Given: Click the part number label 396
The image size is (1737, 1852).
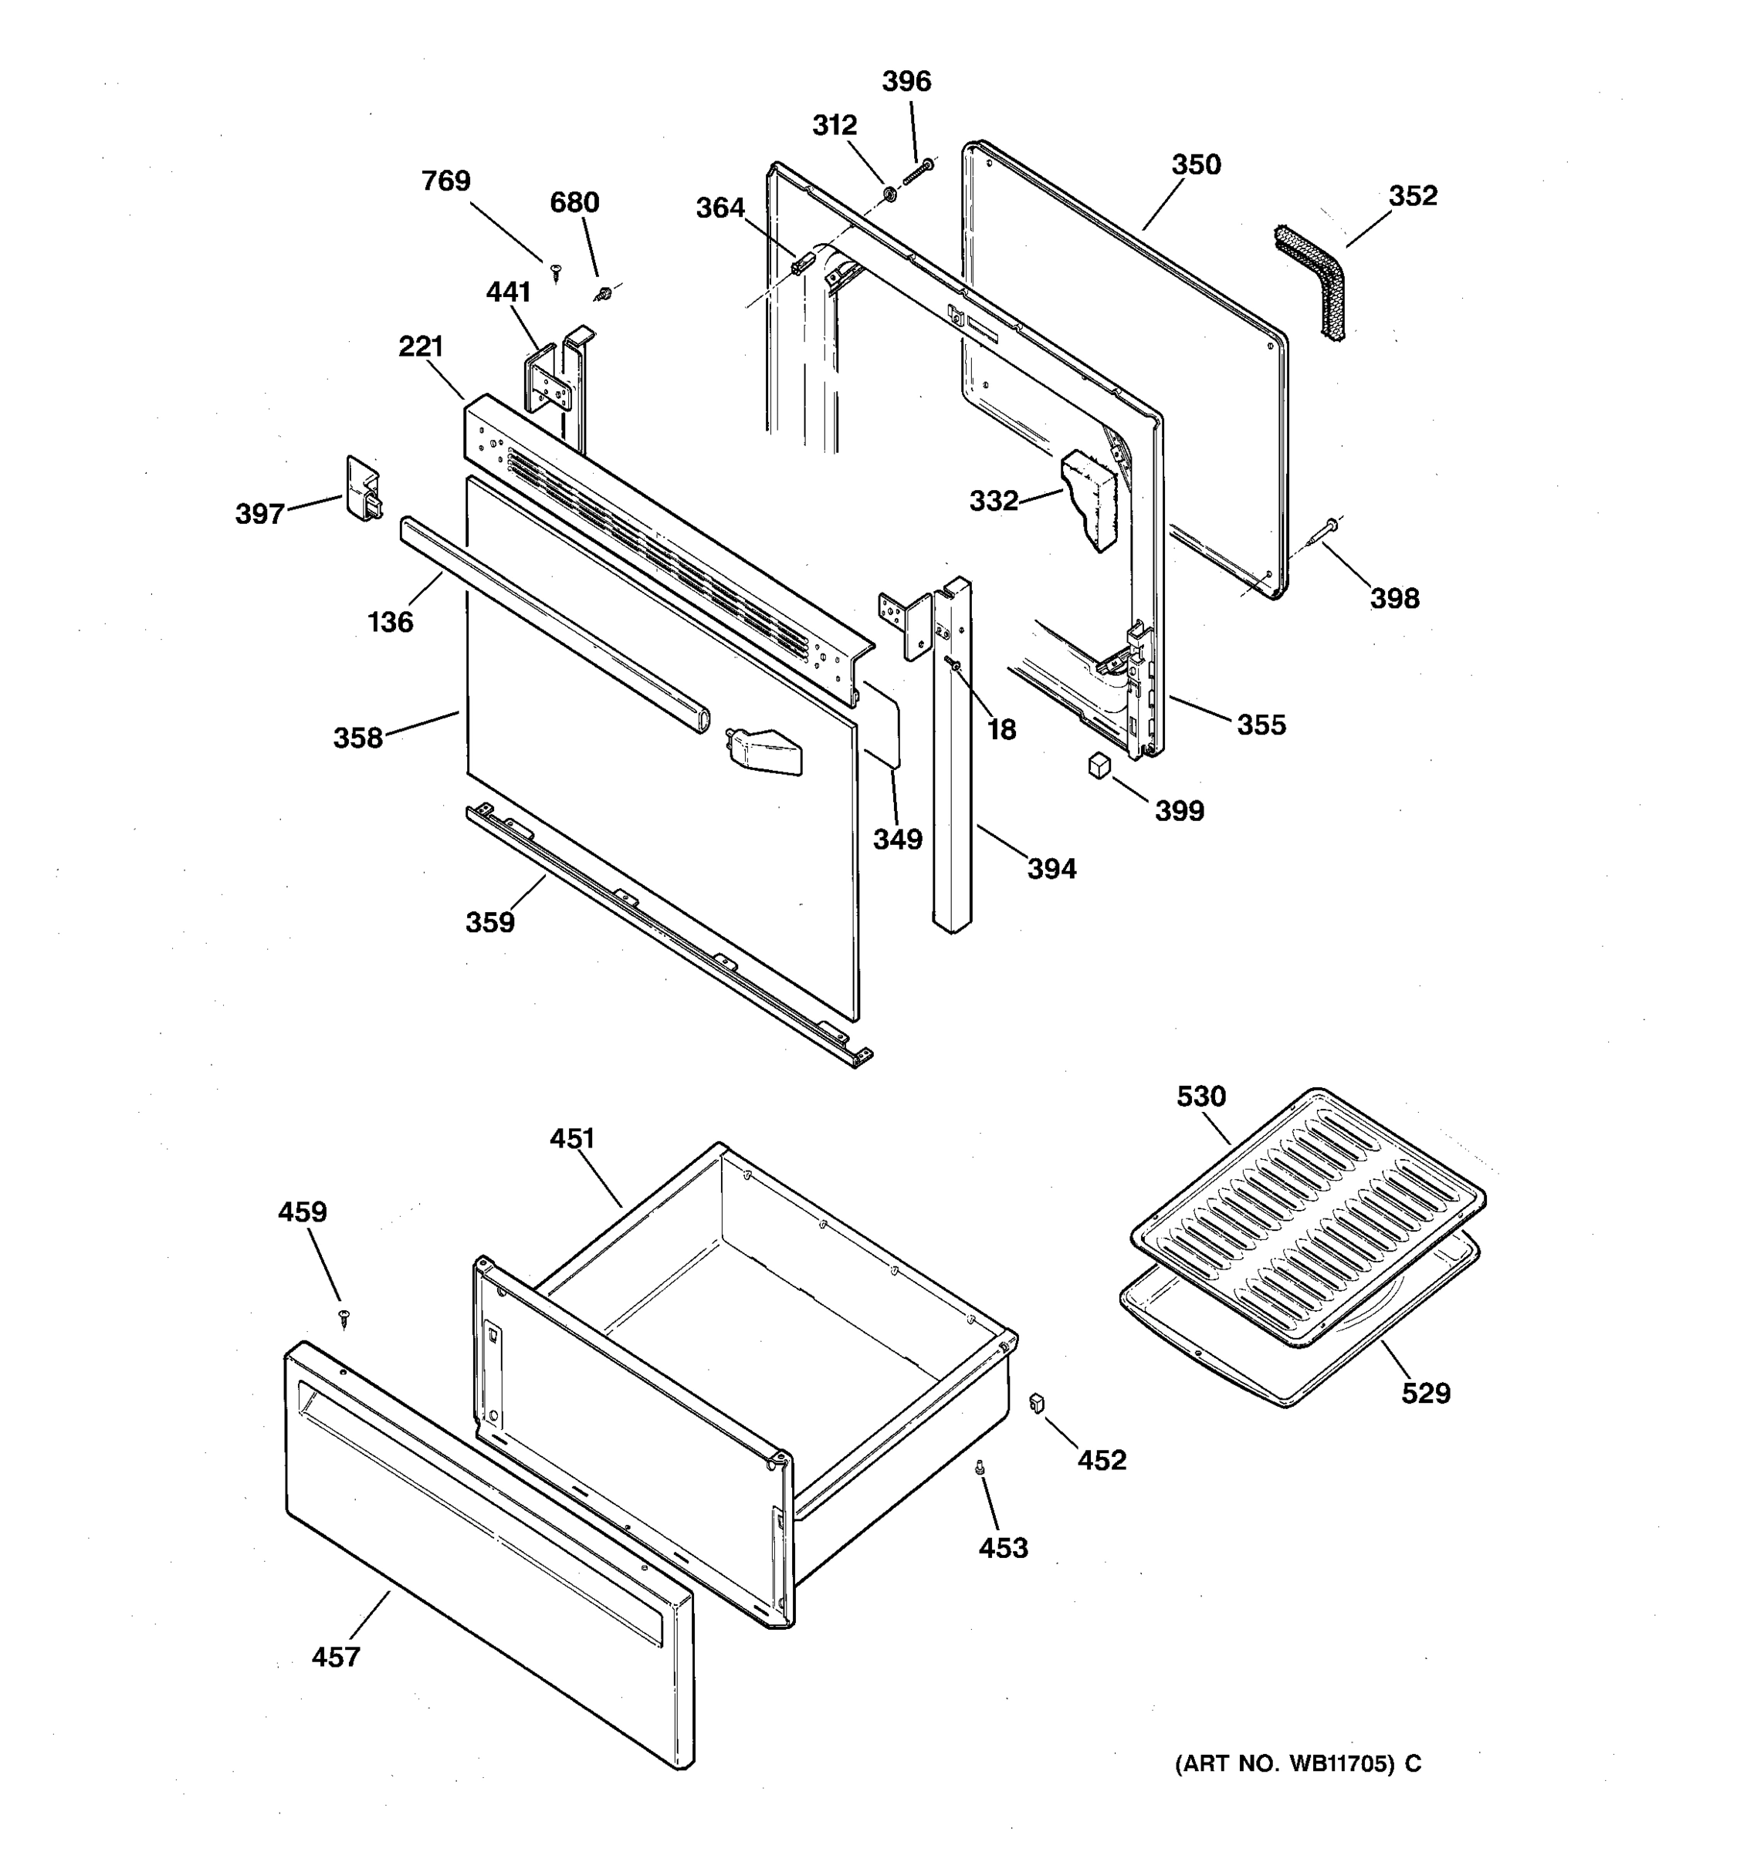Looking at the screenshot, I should coord(906,82).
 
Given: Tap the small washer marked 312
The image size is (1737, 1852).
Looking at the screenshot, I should coord(889,194).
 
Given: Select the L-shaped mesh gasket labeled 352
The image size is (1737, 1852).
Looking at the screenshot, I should coord(1312,280).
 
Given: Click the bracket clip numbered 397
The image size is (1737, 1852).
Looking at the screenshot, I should coord(363,488).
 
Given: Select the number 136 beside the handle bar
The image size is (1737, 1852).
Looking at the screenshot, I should coord(390,622).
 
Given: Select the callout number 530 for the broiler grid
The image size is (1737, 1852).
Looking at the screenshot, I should coord(1200,1097).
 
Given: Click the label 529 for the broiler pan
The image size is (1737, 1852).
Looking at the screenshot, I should coord(1425,1394).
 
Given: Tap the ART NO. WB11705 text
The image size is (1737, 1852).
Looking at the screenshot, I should coord(1297,1763).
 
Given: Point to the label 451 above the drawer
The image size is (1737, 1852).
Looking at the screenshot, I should coord(571,1138).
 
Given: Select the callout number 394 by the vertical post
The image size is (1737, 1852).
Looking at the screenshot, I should coord(1051,869).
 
